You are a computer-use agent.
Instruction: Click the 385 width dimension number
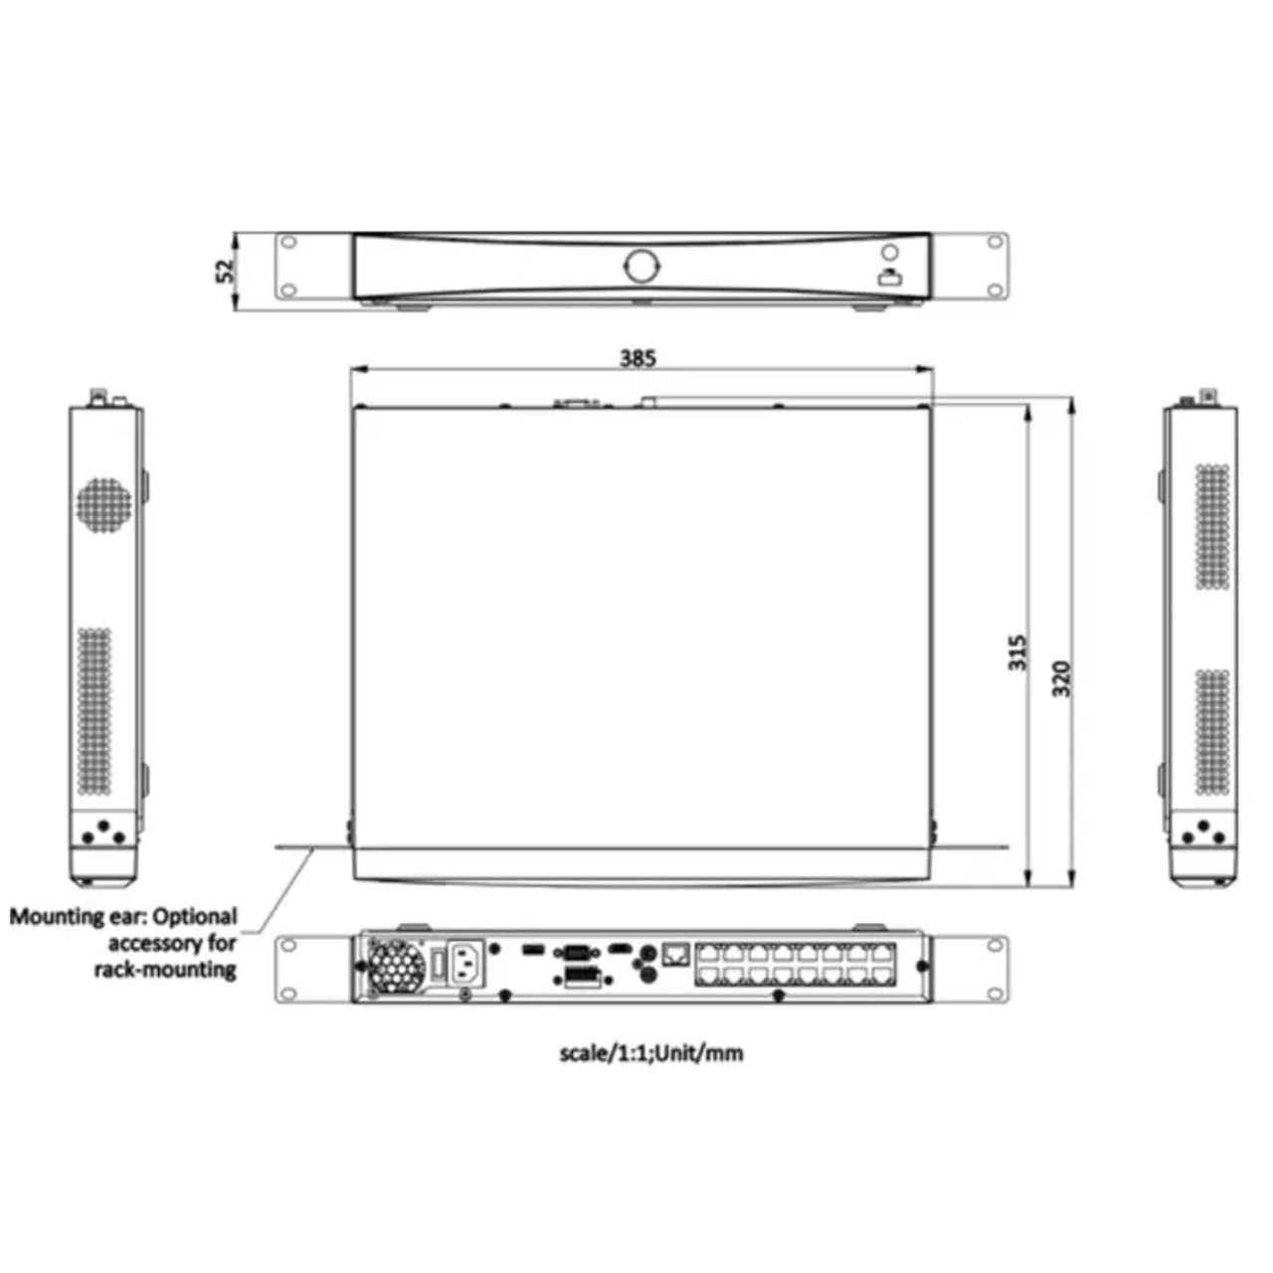click(x=637, y=358)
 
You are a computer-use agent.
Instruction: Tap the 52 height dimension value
click(x=226, y=271)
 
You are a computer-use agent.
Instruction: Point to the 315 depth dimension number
click(x=1018, y=652)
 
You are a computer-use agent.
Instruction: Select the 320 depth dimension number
click(x=1061, y=678)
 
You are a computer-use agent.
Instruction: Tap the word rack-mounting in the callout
click(x=165, y=970)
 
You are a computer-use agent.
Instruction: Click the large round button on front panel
click(x=640, y=266)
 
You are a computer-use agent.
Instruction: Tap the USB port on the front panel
click(x=888, y=278)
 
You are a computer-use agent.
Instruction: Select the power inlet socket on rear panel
click(x=466, y=964)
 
